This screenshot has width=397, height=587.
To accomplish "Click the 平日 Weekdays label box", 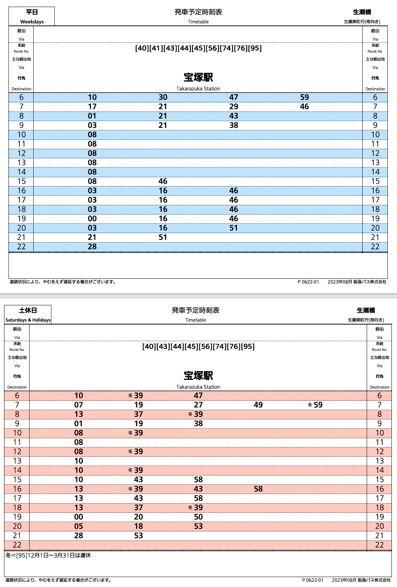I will [32, 16].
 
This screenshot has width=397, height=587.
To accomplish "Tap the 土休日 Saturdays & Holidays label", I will [28, 315].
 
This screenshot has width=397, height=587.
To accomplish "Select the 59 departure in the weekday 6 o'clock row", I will [304, 97].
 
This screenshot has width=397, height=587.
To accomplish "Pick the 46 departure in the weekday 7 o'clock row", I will [304, 107].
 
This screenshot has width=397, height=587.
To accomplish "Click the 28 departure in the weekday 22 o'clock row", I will [92, 247].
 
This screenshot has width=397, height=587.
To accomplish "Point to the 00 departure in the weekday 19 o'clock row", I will [92, 219].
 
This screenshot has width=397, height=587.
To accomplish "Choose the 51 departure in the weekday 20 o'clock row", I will [234, 228].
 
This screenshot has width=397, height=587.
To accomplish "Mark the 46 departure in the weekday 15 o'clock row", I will [163, 181].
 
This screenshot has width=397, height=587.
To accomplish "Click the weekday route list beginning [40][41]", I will [198, 48].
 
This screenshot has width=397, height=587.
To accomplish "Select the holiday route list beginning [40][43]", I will [198, 347].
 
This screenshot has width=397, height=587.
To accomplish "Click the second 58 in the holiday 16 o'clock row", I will [258, 489].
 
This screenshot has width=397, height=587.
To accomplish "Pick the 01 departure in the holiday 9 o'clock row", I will [79, 423].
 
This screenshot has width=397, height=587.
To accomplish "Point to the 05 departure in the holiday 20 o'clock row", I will [79, 526].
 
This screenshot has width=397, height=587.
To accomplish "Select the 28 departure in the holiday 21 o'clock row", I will [79, 536].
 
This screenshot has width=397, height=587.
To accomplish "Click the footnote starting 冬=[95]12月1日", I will [48, 555].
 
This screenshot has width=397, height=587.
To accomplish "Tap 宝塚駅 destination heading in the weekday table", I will [198, 78].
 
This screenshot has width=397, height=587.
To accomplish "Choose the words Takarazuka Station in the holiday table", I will [198, 387].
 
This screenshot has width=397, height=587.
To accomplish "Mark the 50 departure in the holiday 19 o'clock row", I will [198, 517].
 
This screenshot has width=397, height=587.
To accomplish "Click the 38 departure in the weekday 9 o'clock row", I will [234, 125].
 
